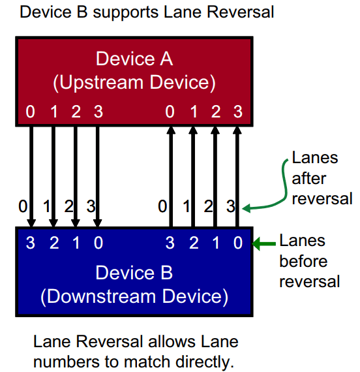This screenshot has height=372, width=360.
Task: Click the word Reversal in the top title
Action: [x=237, y=12]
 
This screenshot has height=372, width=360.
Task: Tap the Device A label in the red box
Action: [x=134, y=59]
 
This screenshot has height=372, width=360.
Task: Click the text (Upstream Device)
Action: [x=134, y=83]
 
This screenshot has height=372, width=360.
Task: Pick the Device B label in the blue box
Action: [x=134, y=272]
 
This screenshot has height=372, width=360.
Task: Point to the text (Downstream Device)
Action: [x=134, y=296]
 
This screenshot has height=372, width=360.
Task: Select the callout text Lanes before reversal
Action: [x=309, y=261]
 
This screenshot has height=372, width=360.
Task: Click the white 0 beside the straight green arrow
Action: [x=238, y=243]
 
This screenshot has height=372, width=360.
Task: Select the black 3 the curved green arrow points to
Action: [x=231, y=208]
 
